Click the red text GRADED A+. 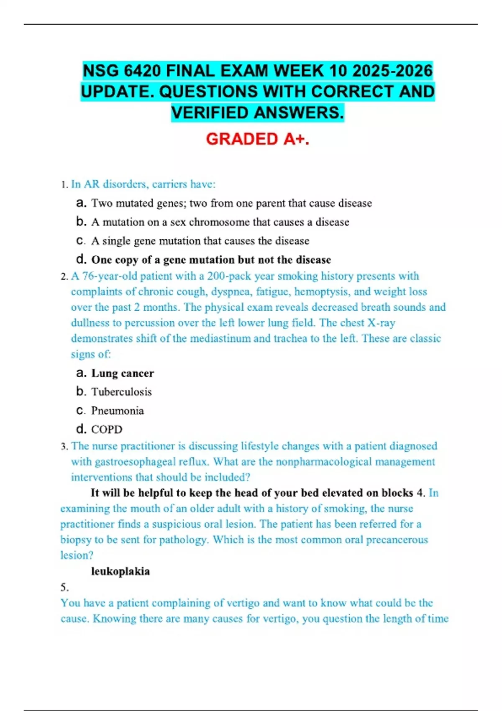(x=258, y=139)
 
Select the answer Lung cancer (x=123, y=373)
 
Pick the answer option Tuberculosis (x=121, y=392)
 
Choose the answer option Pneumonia (x=118, y=411)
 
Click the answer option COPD (x=107, y=430)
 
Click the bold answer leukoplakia (x=120, y=571)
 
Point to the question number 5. (x=64, y=588)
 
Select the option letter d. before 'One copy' (x=81, y=260)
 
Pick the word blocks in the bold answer (x=397, y=493)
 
